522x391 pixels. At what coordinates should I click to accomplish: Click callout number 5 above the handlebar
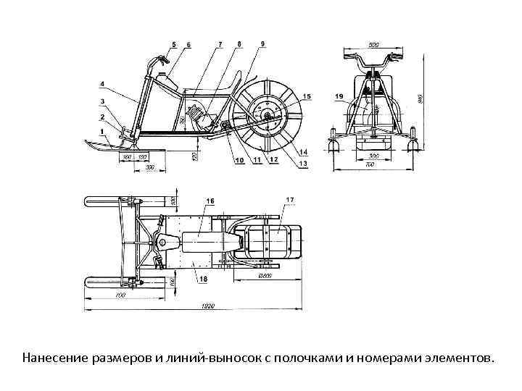tap(174, 45)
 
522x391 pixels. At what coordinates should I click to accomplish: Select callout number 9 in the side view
tap(262, 44)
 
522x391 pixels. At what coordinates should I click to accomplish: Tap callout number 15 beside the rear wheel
tap(307, 96)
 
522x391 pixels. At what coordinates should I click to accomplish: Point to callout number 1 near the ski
tap(102, 129)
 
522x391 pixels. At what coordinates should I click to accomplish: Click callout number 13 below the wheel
tap(303, 164)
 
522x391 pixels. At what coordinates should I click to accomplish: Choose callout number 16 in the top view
tap(210, 199)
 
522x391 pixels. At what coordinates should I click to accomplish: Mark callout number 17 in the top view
tap(290, 199)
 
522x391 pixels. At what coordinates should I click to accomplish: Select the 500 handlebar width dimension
tap(374, 45)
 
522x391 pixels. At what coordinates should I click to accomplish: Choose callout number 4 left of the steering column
tap(102, 84)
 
